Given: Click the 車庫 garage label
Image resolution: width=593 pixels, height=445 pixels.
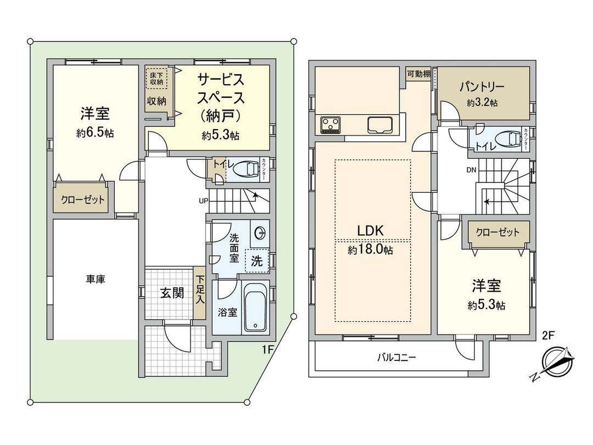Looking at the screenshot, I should click(95, 279).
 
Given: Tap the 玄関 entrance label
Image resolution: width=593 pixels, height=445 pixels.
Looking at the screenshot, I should click(172, 293).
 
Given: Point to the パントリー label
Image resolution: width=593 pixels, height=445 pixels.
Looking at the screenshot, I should click(482, 87).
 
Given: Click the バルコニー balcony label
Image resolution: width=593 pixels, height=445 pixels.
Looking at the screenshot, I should click(396, 358).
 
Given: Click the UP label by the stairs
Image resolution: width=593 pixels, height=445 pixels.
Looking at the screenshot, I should click(203, 201).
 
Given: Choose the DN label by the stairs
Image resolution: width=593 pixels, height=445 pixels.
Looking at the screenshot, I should click(471, 170).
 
